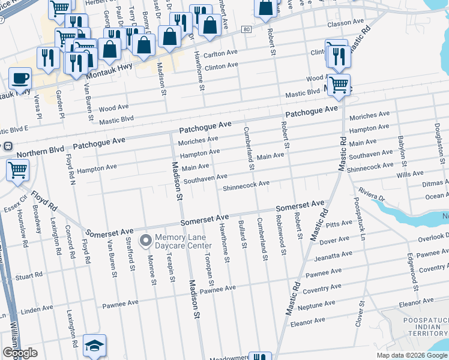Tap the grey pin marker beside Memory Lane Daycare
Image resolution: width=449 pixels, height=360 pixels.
[x=145, y=241]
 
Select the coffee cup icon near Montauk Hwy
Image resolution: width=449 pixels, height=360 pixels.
[x=20, y=79]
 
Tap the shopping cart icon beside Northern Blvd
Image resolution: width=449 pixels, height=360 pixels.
[x=17, y=170]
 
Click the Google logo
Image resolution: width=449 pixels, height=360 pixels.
[x=20, y=353]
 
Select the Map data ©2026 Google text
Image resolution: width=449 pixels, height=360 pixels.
[x=412, y=355]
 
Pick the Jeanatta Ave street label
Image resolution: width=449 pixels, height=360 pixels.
[x=334, y=250]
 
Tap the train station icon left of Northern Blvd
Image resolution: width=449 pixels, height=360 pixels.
[x=8, y=146]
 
